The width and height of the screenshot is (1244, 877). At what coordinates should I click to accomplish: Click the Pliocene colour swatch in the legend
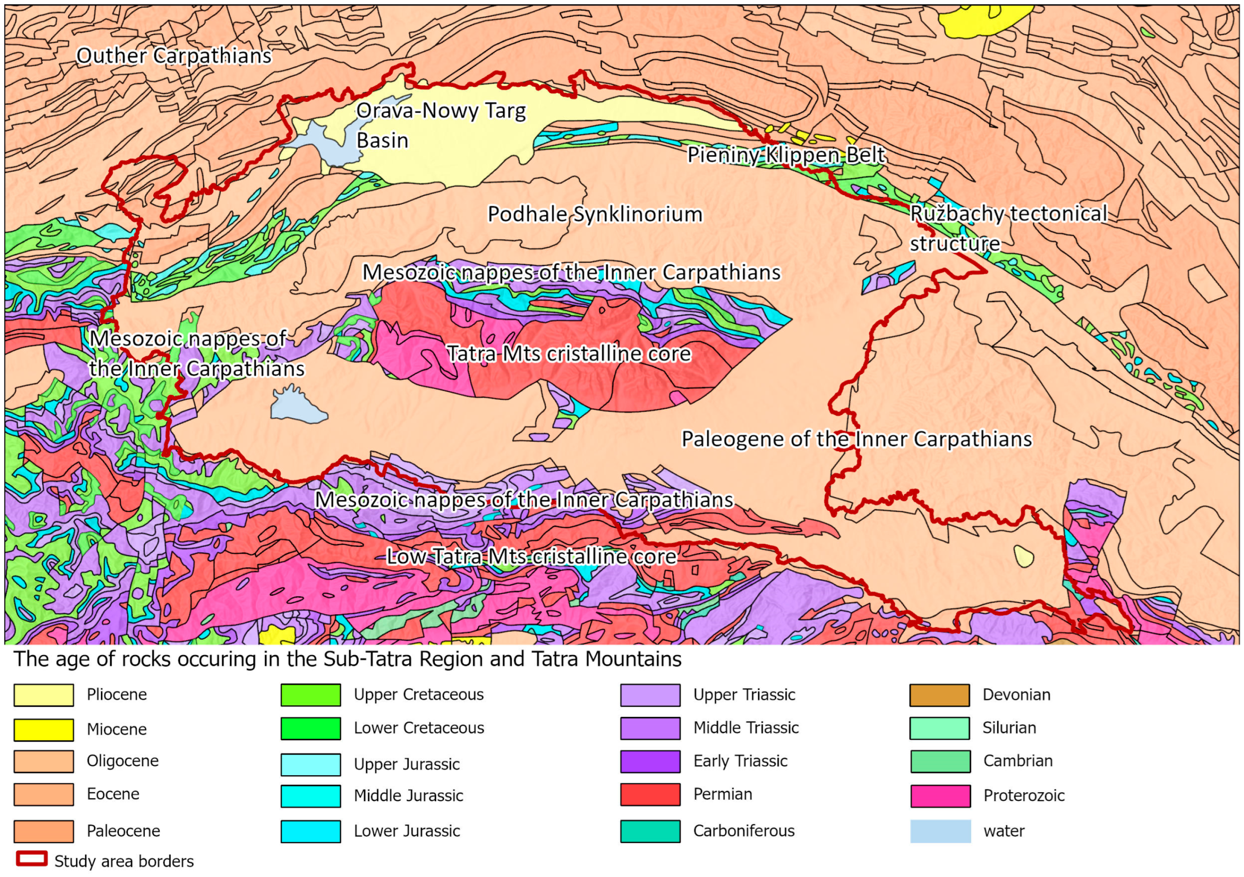pyautogui.click(x=43, y=695)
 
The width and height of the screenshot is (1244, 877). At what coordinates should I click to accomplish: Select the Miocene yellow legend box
pyautogui.click(x=43, y=729)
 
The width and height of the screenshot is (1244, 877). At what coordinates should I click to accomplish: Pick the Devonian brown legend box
pyautogui.click(x=940, y=695)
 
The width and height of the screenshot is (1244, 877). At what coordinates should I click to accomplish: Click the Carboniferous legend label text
pyautogui.click(x=743, y=831)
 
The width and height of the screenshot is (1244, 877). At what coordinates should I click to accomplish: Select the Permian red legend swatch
pyautogui.click(x=650, y=795)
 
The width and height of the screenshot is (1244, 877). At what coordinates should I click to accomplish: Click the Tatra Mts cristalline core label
pyautogui.click(x=569, y=354)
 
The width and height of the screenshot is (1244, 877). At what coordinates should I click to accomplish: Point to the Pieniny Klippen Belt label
pyautogui.click(x=786, y=155)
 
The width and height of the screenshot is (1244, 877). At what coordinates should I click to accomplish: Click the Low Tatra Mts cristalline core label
pyautogui.click(x=531, y=557)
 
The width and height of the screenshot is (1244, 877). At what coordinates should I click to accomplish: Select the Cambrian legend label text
pyautogui.click(x=1018, y=761)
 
